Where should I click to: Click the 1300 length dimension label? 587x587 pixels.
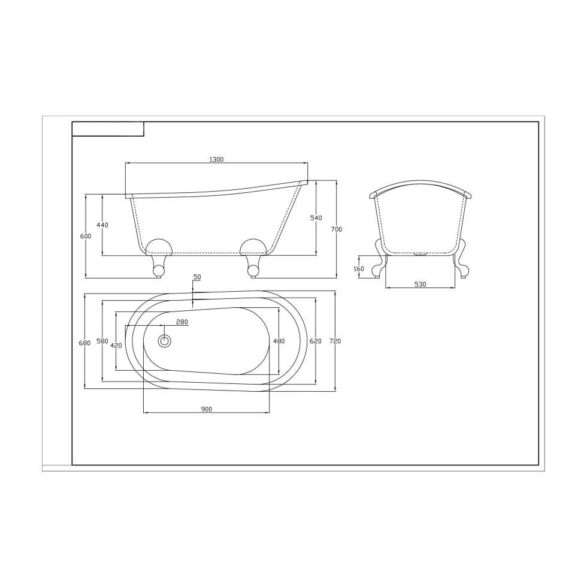pyautogui.click(x=216, y=159)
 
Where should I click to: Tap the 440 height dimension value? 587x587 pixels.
pyautogui.click(x=102, y=225)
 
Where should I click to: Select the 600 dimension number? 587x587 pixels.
pyautogui.click(x=86, y=236)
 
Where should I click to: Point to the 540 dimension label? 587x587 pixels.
pyautogui.click(x=316, y=218)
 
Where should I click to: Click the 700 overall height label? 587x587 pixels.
pyautogui.click(x=337, y=229)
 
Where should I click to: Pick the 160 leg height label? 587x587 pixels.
pyautogui.click(x=359, y=269)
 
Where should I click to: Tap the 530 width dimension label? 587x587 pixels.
pyautogui.click(x=420, y=285)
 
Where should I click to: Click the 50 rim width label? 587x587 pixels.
pyautogui.click(x=197, y=277)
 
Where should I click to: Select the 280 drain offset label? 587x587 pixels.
pyautogui.click(x=182, y=322)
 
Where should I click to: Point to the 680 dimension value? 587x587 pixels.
pyautogui.click(x=85, y=343)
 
